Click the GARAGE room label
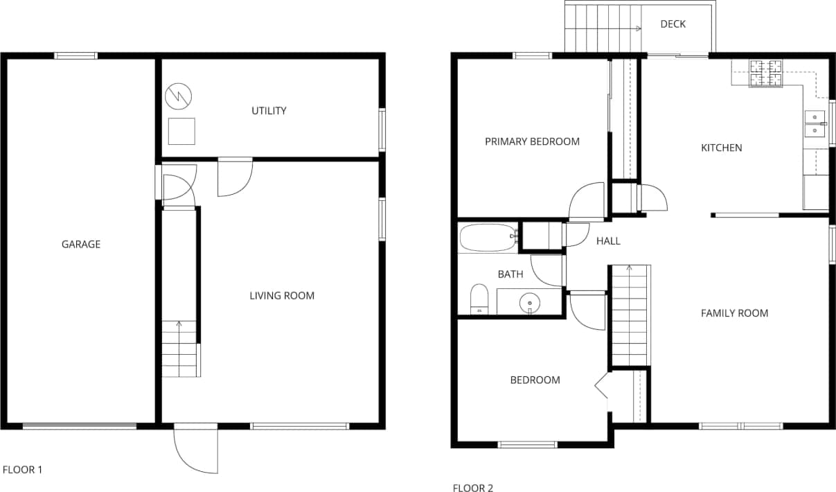81,244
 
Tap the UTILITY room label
269,111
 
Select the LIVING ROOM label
282,296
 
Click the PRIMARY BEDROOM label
532,141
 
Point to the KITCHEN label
721,148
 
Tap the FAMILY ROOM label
734,313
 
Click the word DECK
673,24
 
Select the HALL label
608,241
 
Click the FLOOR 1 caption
23,470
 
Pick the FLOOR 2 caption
473,489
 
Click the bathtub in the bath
488,238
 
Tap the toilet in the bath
479,299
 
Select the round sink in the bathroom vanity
530,301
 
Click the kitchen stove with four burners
765,74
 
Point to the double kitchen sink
815,123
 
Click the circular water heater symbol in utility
179,96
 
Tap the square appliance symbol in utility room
181,131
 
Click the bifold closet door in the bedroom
600,387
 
